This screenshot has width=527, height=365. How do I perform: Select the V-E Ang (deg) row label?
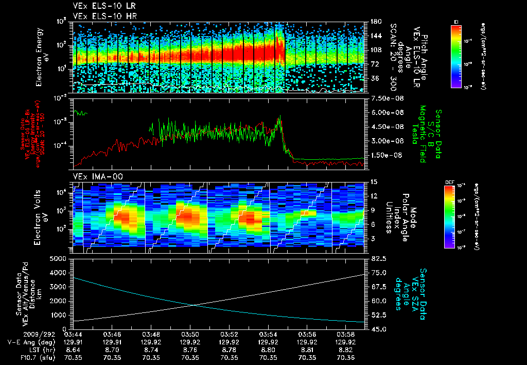[26, 342]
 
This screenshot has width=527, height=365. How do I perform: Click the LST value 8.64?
[74, 349]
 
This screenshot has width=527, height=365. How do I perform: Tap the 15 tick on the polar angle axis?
[373, 181]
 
